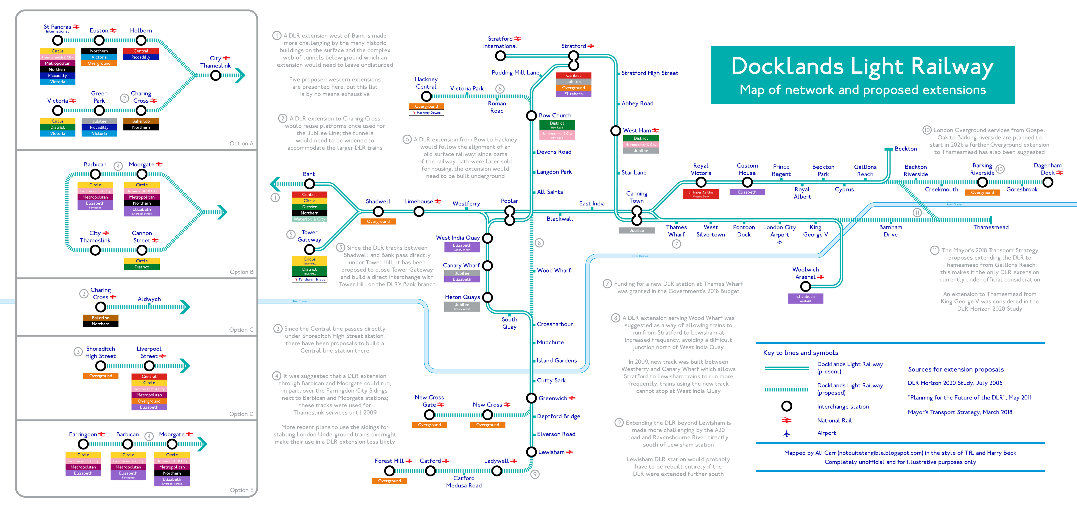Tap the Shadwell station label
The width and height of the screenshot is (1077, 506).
point(378,201)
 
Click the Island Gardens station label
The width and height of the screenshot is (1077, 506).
point(556,360)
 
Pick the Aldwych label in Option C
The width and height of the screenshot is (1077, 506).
point(149,299)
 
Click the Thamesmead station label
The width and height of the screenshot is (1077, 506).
point(990,227)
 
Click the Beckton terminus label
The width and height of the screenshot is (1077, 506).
point(906,149)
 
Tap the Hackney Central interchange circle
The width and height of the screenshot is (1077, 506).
point(426,96)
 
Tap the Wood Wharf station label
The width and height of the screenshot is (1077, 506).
point(554,270)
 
